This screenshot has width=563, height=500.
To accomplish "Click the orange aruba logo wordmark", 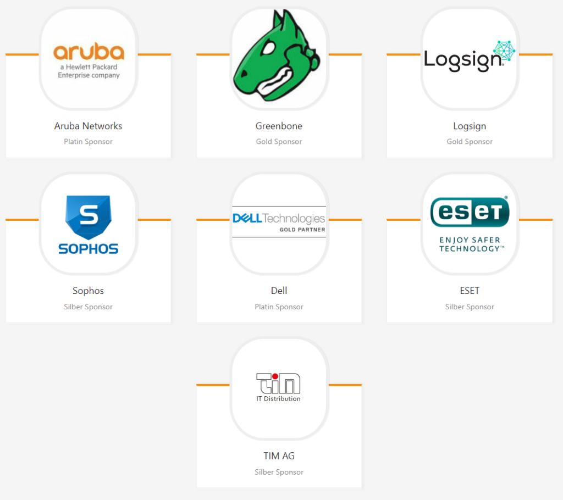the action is (89, 51).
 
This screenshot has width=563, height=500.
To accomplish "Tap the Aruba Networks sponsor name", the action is (88, 126).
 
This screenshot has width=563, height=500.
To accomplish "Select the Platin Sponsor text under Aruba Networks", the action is (88, 141).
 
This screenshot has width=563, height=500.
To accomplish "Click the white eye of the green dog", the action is (268, 48).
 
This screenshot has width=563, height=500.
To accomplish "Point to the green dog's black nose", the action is (244, 74).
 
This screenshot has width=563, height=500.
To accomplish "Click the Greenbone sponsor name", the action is (279, 126).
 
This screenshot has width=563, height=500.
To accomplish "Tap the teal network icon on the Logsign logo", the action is (504, 50).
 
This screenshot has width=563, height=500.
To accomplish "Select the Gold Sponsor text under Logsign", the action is (470, 141).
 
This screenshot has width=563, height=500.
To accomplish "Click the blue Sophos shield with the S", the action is (89, 217).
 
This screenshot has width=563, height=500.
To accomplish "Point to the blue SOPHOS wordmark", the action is (89, 249).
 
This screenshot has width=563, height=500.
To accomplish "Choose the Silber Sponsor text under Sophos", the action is (88, 307).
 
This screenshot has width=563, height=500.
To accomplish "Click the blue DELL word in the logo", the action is (247, 218).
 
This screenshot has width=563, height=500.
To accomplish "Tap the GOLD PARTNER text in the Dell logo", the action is (302, 230).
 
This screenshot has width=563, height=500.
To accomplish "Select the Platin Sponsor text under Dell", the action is (279, 307).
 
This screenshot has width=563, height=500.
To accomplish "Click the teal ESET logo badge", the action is (470, 212).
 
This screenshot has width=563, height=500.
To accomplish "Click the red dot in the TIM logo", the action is (275, 376).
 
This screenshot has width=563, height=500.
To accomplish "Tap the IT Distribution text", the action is (278, 399).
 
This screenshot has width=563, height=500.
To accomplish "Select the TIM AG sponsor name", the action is (279, 456).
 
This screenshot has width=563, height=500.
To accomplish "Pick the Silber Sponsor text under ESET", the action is (470, 307).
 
